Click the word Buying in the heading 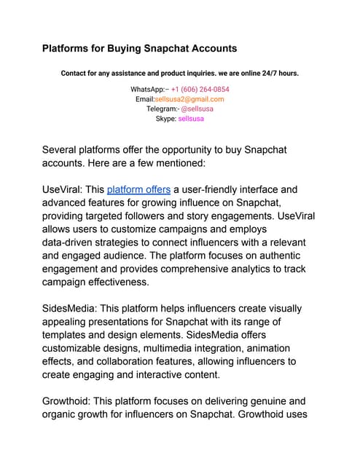coord(134,49)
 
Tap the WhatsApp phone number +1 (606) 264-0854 coord(198,89)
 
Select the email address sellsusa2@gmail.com coord(189,98)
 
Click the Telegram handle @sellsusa coord(197,108)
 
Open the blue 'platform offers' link coord(138,189)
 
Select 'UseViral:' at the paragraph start coord(62,189)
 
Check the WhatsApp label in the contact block coord(148,89)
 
